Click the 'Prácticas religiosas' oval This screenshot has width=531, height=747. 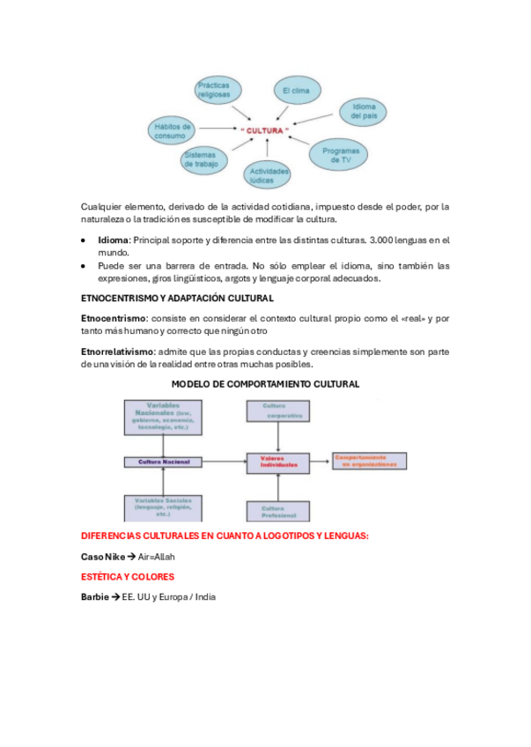214,89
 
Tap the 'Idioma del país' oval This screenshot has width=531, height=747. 363,111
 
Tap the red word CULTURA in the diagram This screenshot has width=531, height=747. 264,130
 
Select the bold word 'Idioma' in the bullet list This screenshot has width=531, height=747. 114,240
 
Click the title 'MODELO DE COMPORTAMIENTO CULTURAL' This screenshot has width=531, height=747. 265,385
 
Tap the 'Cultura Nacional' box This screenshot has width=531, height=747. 158,461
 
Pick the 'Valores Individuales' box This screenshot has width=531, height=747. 278,462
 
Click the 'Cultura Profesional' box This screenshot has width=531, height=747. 278,510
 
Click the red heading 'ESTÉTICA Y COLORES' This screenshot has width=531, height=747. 128,577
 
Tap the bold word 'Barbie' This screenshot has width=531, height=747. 94,596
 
